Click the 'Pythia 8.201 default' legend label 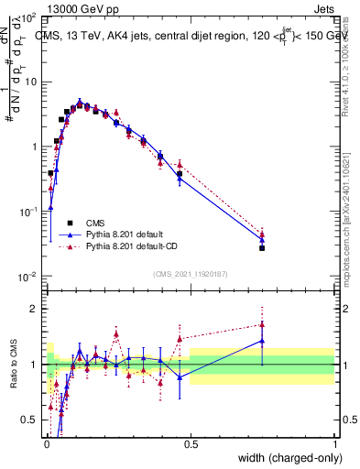pyautogui.click(x=127, y=234)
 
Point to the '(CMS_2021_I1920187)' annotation pyautogui.click(x=191, y=273)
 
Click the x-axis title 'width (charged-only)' pyautogui.click(x=286, y=457)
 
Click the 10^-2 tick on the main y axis pyautogui.click(x=28, y=276)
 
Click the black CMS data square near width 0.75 pyautogui.click(x=262, y=248)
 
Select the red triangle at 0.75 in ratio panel pyautogui.click(x=262, y=324)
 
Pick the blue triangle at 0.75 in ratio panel pyautogui.click(x=262, y=341)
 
